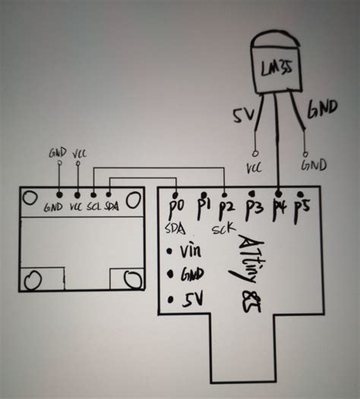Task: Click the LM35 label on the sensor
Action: click(x=276, y=68)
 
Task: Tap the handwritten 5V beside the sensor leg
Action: click(x=244, y=115)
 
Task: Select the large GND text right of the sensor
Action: click(x=322, y=109)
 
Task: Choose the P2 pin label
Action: click(x=226, y=209)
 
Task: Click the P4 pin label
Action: click(x=279, y=209)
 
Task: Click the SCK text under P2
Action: click(x=224, y=229)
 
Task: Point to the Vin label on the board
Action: click(x=191, y=250)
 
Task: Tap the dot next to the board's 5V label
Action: click(x=170, y=300)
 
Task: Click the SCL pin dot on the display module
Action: click(x=93, y=195)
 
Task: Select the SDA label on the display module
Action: click(x=112, y=206)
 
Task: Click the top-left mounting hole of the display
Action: click(x=30, y=198)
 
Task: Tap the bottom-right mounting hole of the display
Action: click(x=133, y=279)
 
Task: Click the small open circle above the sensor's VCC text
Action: click(x=255, y=153)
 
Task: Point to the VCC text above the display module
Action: click(x=80, y=154)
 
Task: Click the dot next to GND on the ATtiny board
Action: click(x=170, y=274)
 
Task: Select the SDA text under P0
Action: click(x=175, y=228)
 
